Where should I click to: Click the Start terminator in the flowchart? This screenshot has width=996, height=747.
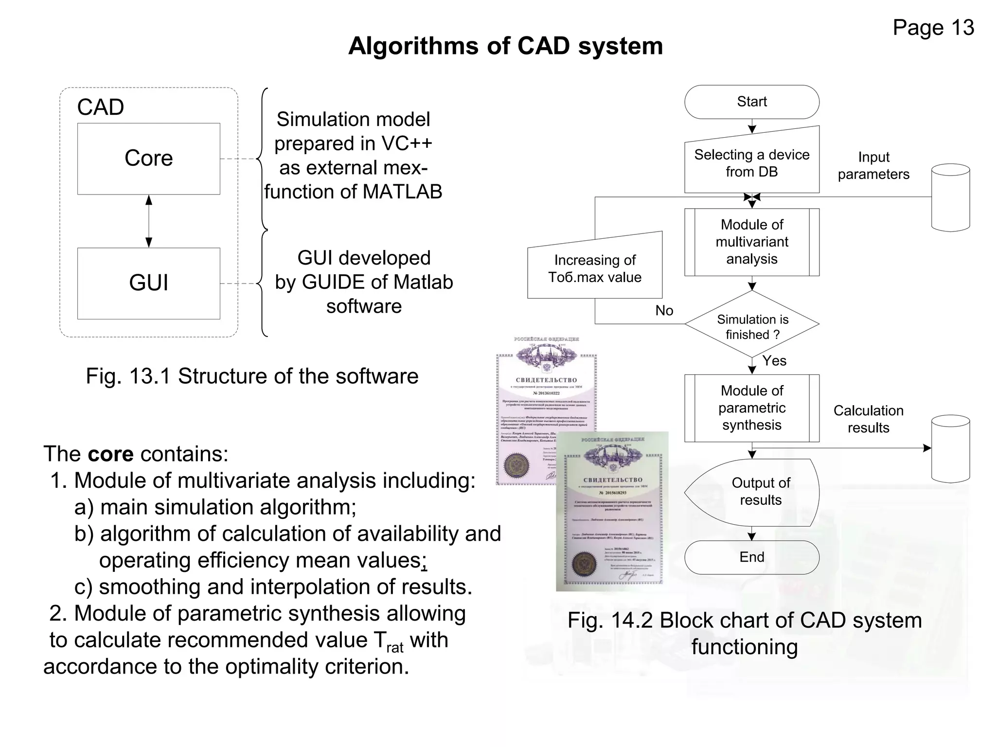[751, 102]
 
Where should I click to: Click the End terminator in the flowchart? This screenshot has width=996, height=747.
[751, 557]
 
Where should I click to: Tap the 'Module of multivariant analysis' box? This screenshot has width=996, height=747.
[752, 242]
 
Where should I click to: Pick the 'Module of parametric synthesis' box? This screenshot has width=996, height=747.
[752, 408]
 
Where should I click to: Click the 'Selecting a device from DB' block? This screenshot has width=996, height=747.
[752, 163]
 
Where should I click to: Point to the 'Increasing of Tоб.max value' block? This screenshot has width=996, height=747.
[595, 268]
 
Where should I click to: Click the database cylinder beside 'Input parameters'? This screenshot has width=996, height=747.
[950, 197]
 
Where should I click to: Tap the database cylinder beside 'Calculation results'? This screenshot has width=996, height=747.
[950, 448]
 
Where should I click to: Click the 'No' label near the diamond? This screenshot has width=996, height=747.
[664, 310]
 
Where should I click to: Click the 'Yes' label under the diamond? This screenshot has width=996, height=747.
[774, 360]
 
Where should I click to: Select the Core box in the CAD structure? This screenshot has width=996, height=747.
[148, 159]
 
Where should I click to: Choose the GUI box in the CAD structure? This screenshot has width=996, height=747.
[148, 283]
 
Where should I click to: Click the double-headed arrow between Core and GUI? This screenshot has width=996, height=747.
[149, 221]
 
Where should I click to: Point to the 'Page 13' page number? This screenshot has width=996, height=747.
[933, 28]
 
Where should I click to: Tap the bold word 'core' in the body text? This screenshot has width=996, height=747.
[110, 454]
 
